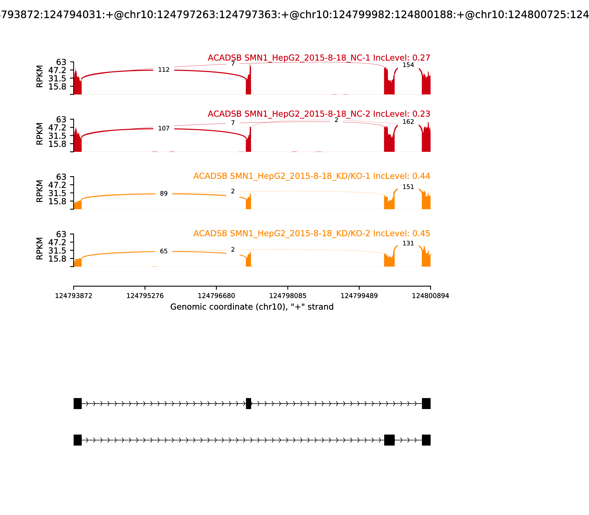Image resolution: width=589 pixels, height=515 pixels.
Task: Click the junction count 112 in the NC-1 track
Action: pyautogui.click(x=164, y=70)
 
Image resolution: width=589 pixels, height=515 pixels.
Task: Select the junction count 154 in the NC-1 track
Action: pyautogui.click(x=408, y=65)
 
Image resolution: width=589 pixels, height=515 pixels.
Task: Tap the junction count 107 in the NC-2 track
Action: pyautogui.click(x=164, y=128)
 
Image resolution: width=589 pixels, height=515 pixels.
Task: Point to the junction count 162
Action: pyautogui.click(x=408, y=122)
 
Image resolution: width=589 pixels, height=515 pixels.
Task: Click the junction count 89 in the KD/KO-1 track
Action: pyautogui.click(x=164, y=194)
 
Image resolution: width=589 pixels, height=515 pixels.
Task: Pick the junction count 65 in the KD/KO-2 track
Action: pyautogui.click(x=164, y=251)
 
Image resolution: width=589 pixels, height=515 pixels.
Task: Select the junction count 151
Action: pyautogui.click(x=408, y=187)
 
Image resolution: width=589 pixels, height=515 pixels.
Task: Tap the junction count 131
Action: pyautogui.click(x=408, y=243)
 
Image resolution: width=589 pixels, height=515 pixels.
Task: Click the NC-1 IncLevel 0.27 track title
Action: pyautogui.click(x=319, y=58)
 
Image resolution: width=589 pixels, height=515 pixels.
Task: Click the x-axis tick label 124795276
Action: pyautogui.click(x=145, y=296)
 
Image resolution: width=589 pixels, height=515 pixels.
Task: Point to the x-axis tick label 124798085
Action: pyautogui.click(x=288, y=296)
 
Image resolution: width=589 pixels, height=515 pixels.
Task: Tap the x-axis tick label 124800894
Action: pyautogui.click(x=430, y=296)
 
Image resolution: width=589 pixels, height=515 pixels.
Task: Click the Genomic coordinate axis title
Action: pyautogui.click(x=252, y=307)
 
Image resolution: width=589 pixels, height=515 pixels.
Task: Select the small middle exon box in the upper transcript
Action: pyautogui.click(x=248, y=404)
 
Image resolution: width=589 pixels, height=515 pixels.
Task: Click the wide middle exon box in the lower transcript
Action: pyautogui.click(x=389, y=440)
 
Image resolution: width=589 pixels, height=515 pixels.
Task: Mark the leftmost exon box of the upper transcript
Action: pyautogui.click(x=78, y=404)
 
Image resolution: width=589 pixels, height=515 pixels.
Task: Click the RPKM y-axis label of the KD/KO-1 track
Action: pyautogui.click(x=40, y=191)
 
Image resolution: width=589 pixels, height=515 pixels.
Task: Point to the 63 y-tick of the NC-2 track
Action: pyautogui.click(x=61, y=120)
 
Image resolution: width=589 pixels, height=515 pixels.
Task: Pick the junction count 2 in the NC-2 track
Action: pyautogui.click(x=336, y=120)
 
